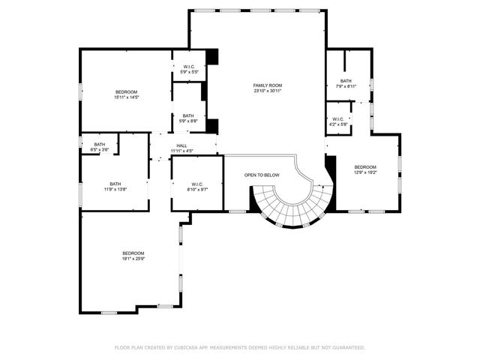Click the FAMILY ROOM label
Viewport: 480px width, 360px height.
(x=267, y=85)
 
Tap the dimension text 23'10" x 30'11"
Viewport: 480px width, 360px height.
(x=267, y=91)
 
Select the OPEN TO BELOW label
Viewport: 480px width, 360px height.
(x=262, y=175)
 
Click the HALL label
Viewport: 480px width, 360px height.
(x=181, y=145)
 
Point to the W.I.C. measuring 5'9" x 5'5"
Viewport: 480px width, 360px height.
(x=189, y=69)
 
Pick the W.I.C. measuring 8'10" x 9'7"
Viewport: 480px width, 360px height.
(x=197, y=187)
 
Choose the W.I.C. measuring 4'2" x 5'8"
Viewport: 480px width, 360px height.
(x=338, y=121)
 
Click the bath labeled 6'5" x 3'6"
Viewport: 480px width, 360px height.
(x=100, y=147)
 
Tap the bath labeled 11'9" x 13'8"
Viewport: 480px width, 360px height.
(x=115, y=187)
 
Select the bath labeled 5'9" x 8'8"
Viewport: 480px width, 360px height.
(x=188, y=118)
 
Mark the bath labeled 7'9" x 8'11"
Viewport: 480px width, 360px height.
(x=346, y=83)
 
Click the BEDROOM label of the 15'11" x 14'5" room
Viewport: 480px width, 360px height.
(x=127, y=91)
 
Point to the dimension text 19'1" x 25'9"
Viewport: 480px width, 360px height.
(x=133, y=259)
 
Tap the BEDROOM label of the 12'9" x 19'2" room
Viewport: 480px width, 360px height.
(x=365, y=166)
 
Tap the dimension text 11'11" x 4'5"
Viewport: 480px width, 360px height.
(x=181, y=151)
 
